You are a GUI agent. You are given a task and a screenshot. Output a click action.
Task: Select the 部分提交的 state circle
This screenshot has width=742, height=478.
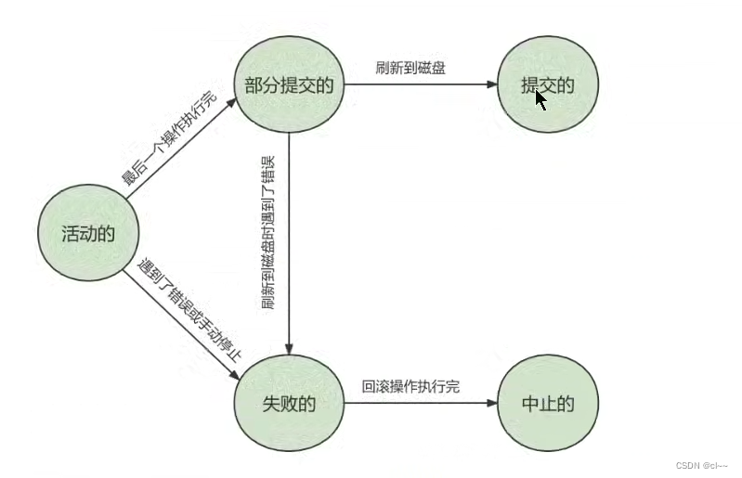pyautogui.click(x=289, y=85)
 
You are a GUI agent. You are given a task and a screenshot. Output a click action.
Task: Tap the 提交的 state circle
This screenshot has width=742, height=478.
pyautogui.click(x=548, y=85)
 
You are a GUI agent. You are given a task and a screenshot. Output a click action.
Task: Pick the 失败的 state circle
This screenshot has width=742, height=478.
pyautogui.click(x=289, y=404)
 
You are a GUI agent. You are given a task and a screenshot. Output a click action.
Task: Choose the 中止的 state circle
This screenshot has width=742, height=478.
pyautogui.click(x=548, y=404)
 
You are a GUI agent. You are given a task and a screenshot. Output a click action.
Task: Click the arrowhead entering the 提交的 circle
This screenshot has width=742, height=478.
pyautogui.click(x=491, y=85)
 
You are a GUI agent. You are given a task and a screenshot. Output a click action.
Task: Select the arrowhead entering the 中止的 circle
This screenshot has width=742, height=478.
pyautogui.click(x=491, y=404)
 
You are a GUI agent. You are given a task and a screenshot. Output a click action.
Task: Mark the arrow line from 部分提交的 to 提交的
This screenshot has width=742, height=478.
pyautogui.click(x=418, y=85)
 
